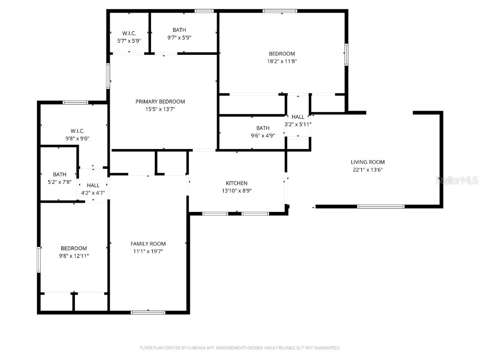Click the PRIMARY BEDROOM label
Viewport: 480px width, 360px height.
[x=160, y=101]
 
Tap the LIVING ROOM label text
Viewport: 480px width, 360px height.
[x=367, y=162]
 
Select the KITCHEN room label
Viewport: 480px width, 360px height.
[x=236, y=183]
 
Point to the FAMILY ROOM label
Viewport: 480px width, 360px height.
[x=148, y=244]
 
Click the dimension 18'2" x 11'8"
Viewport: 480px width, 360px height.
[x=282, y=61]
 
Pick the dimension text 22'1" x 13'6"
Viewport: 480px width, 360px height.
[x=367, y=170]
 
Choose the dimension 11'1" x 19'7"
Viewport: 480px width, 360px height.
[x=148, y=251]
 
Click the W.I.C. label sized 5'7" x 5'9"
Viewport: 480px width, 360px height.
[x=129, y=33]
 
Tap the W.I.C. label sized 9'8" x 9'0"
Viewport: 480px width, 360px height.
[x=77, y=131]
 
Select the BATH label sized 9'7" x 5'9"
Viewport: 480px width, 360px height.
[x=179, y=30]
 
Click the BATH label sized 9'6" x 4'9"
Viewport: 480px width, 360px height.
[x=262, y=128]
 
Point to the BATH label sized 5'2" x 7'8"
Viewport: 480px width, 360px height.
[x=60, y=174]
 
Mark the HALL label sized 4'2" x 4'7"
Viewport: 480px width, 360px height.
[x=93, y=186]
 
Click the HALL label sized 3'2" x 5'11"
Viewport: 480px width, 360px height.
[x=298, y=117]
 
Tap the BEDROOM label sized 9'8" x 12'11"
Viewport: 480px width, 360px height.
[x=74, y=248]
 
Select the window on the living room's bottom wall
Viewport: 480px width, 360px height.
[x=381, y=206]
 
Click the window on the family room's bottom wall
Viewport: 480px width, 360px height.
[x=148, y=312]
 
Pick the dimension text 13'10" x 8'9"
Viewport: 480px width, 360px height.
[x=236, y=191]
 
